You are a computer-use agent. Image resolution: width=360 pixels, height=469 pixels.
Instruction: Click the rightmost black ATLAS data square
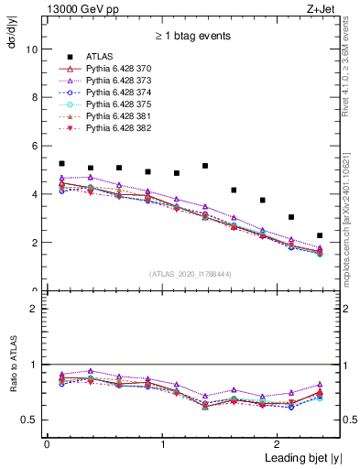point(320,235)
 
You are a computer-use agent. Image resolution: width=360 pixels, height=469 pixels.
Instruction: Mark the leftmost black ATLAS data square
point(61,163)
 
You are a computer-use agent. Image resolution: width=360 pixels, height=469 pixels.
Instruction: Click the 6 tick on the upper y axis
point(38,146)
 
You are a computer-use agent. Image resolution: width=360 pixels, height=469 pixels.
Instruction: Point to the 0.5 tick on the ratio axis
point(32,420)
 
